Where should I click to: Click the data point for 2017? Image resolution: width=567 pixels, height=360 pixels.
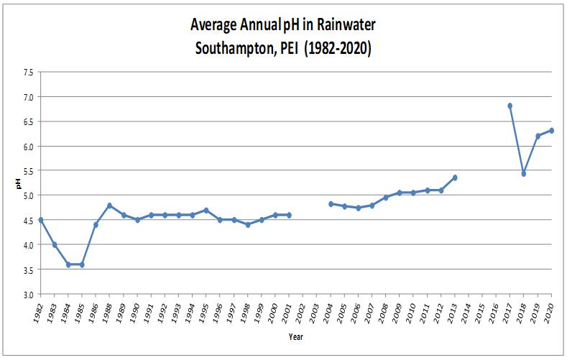click(x=510, y=106)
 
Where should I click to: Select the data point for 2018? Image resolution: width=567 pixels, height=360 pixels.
click(x=524, y=174)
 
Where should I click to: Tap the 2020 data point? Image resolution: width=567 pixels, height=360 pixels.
click(x=551, y=130)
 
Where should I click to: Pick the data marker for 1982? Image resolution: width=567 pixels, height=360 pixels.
click(x=41, y=220)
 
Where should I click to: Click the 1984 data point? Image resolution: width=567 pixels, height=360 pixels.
click(x=68, y=264)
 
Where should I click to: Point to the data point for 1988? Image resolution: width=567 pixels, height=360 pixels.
click(x=110, y=206)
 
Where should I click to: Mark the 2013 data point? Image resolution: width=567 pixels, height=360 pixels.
click(x=455, y=177)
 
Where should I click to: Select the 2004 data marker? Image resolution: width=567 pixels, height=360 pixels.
click(x=331, y=204)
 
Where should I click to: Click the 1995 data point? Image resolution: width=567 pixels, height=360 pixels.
click(x=206, y=211)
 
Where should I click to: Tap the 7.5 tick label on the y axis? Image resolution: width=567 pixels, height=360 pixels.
click(x=27, y=72)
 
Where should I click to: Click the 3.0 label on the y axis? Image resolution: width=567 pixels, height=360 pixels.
click(x=27, y=294)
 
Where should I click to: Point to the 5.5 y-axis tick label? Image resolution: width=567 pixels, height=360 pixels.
click(x=27, y=170)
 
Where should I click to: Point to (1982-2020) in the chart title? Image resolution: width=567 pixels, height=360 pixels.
click(x=336, y=52)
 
